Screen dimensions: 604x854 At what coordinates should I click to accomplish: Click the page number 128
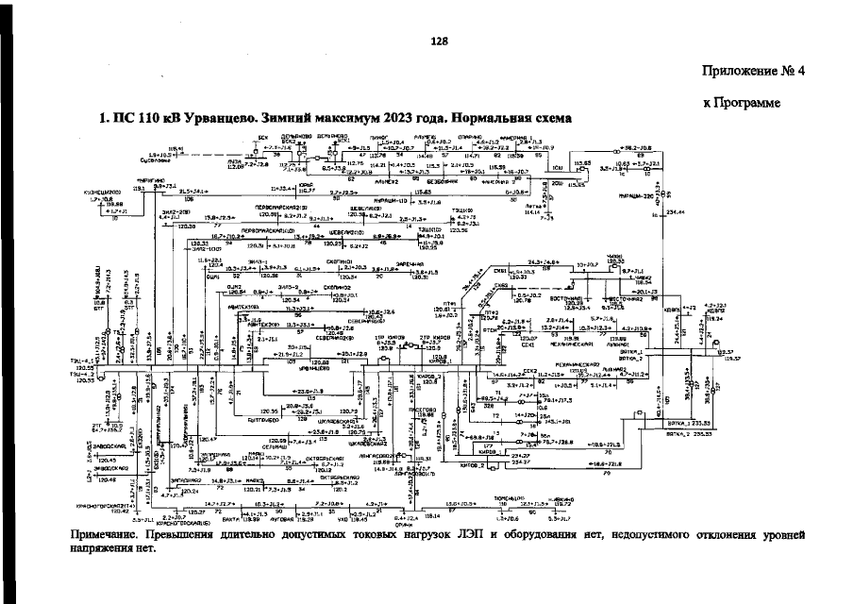pos(437,42)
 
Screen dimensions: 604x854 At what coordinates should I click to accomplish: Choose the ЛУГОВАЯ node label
pos(282,518)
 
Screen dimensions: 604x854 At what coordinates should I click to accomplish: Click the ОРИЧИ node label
pos(403,524)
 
